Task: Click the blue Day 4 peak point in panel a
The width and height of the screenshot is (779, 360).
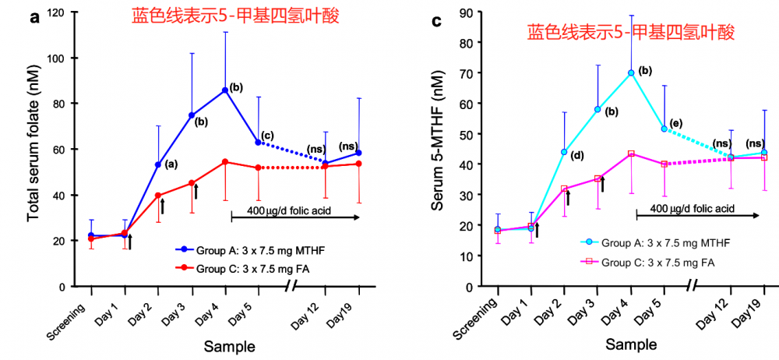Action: click(225, 90)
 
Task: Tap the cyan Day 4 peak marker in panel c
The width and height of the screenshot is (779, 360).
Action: click(631, 73)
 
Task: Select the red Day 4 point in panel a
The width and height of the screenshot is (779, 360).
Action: click(225, 162)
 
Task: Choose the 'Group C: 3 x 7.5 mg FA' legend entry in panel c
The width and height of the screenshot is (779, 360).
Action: click(657, 262)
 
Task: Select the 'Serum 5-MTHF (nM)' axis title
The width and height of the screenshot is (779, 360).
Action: click(443, 150)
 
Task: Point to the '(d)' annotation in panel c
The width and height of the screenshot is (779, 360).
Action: click(577, 155)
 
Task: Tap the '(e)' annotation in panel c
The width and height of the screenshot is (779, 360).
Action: click(675, 123)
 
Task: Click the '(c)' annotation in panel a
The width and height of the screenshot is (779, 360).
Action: click(268, 136)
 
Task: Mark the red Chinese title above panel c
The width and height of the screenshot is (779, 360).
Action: click(630, 32)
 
